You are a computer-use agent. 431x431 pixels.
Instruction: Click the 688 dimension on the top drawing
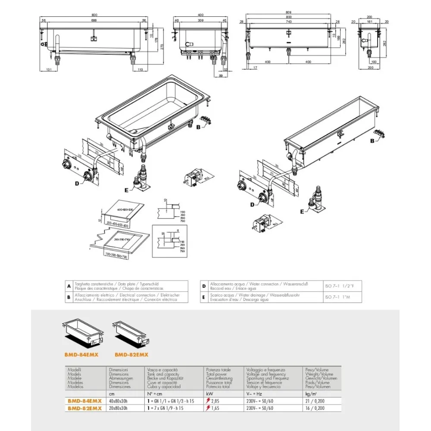(94, 20)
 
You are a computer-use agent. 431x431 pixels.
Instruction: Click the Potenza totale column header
(219, 370)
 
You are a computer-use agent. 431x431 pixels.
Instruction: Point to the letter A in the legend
(69, 286)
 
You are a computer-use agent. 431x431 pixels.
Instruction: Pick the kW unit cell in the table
(209, 394)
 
